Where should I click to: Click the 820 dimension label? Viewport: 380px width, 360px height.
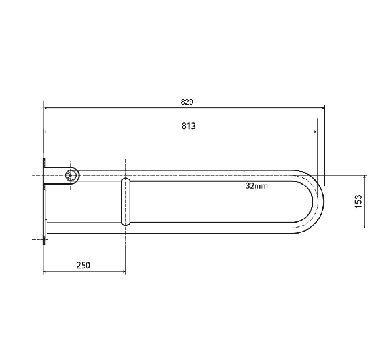point(187,102)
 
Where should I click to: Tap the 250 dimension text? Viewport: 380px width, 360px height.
point(83,265)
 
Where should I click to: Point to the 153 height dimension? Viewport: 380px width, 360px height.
point(358,202)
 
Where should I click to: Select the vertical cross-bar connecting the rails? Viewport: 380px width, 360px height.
point(124,202)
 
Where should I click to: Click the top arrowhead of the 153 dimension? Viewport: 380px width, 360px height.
point(364,178)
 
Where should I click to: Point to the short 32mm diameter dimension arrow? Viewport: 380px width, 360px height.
point(244,175)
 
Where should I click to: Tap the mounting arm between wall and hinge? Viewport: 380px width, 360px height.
point(55,177)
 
